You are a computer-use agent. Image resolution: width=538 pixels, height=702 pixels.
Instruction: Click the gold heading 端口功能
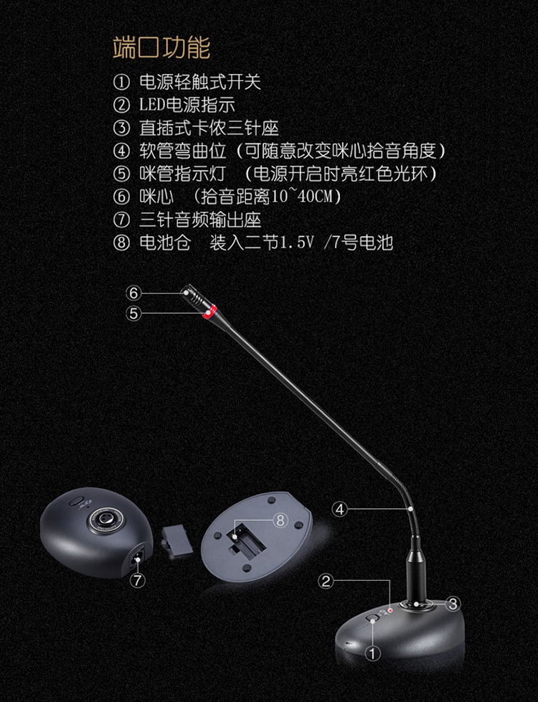click(161, 48)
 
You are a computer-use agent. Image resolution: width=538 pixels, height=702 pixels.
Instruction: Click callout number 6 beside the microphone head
click(133, 294)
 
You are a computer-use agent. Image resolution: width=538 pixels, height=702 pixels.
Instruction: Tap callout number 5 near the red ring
click(133, 314)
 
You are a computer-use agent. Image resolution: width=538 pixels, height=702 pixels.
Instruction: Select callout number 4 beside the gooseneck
click(340, 509)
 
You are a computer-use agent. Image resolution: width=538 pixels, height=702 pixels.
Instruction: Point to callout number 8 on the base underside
click(280, 520)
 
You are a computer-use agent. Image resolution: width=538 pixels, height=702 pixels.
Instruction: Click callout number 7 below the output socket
click(138, 581)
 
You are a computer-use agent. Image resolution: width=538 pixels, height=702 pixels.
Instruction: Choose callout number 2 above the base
click(326, 581)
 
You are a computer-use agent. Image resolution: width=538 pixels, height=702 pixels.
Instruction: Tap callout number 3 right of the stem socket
click(453, 604)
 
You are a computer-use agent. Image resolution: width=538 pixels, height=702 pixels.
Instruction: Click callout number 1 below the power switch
click(372, 653)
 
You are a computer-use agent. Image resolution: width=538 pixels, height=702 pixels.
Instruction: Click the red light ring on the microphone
click(209, 310)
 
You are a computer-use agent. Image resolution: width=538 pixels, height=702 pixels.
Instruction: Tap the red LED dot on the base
click(390, 610)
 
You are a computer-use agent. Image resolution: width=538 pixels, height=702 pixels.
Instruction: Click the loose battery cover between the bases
click(178, 540)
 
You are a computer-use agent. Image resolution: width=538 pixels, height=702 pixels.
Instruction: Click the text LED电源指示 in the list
click(187, 105)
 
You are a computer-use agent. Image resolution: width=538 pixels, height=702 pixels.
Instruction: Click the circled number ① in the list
click(121, 82)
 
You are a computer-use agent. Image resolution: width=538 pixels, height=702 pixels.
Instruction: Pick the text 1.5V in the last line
click(297, 243)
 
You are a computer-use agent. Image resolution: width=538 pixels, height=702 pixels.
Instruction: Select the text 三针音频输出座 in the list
click(200, 220)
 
